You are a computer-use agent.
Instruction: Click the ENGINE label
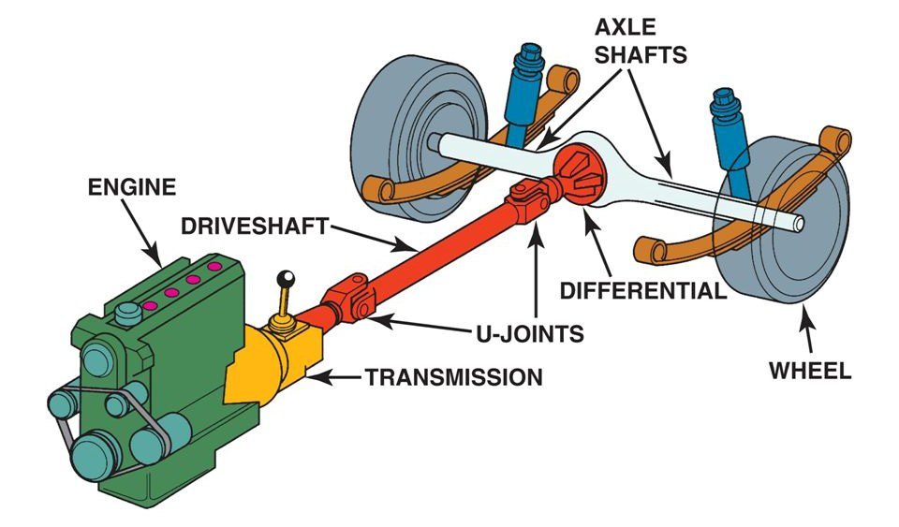(x=131, y=187)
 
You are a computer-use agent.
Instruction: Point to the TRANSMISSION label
(x=453, y=378)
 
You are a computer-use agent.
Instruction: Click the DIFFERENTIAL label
(x=642, y=289)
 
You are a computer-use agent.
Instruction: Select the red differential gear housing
(x=573, y=174)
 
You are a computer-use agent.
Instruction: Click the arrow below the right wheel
(x=807, y=332)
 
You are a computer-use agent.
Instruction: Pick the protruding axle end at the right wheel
(x=796, y=225)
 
